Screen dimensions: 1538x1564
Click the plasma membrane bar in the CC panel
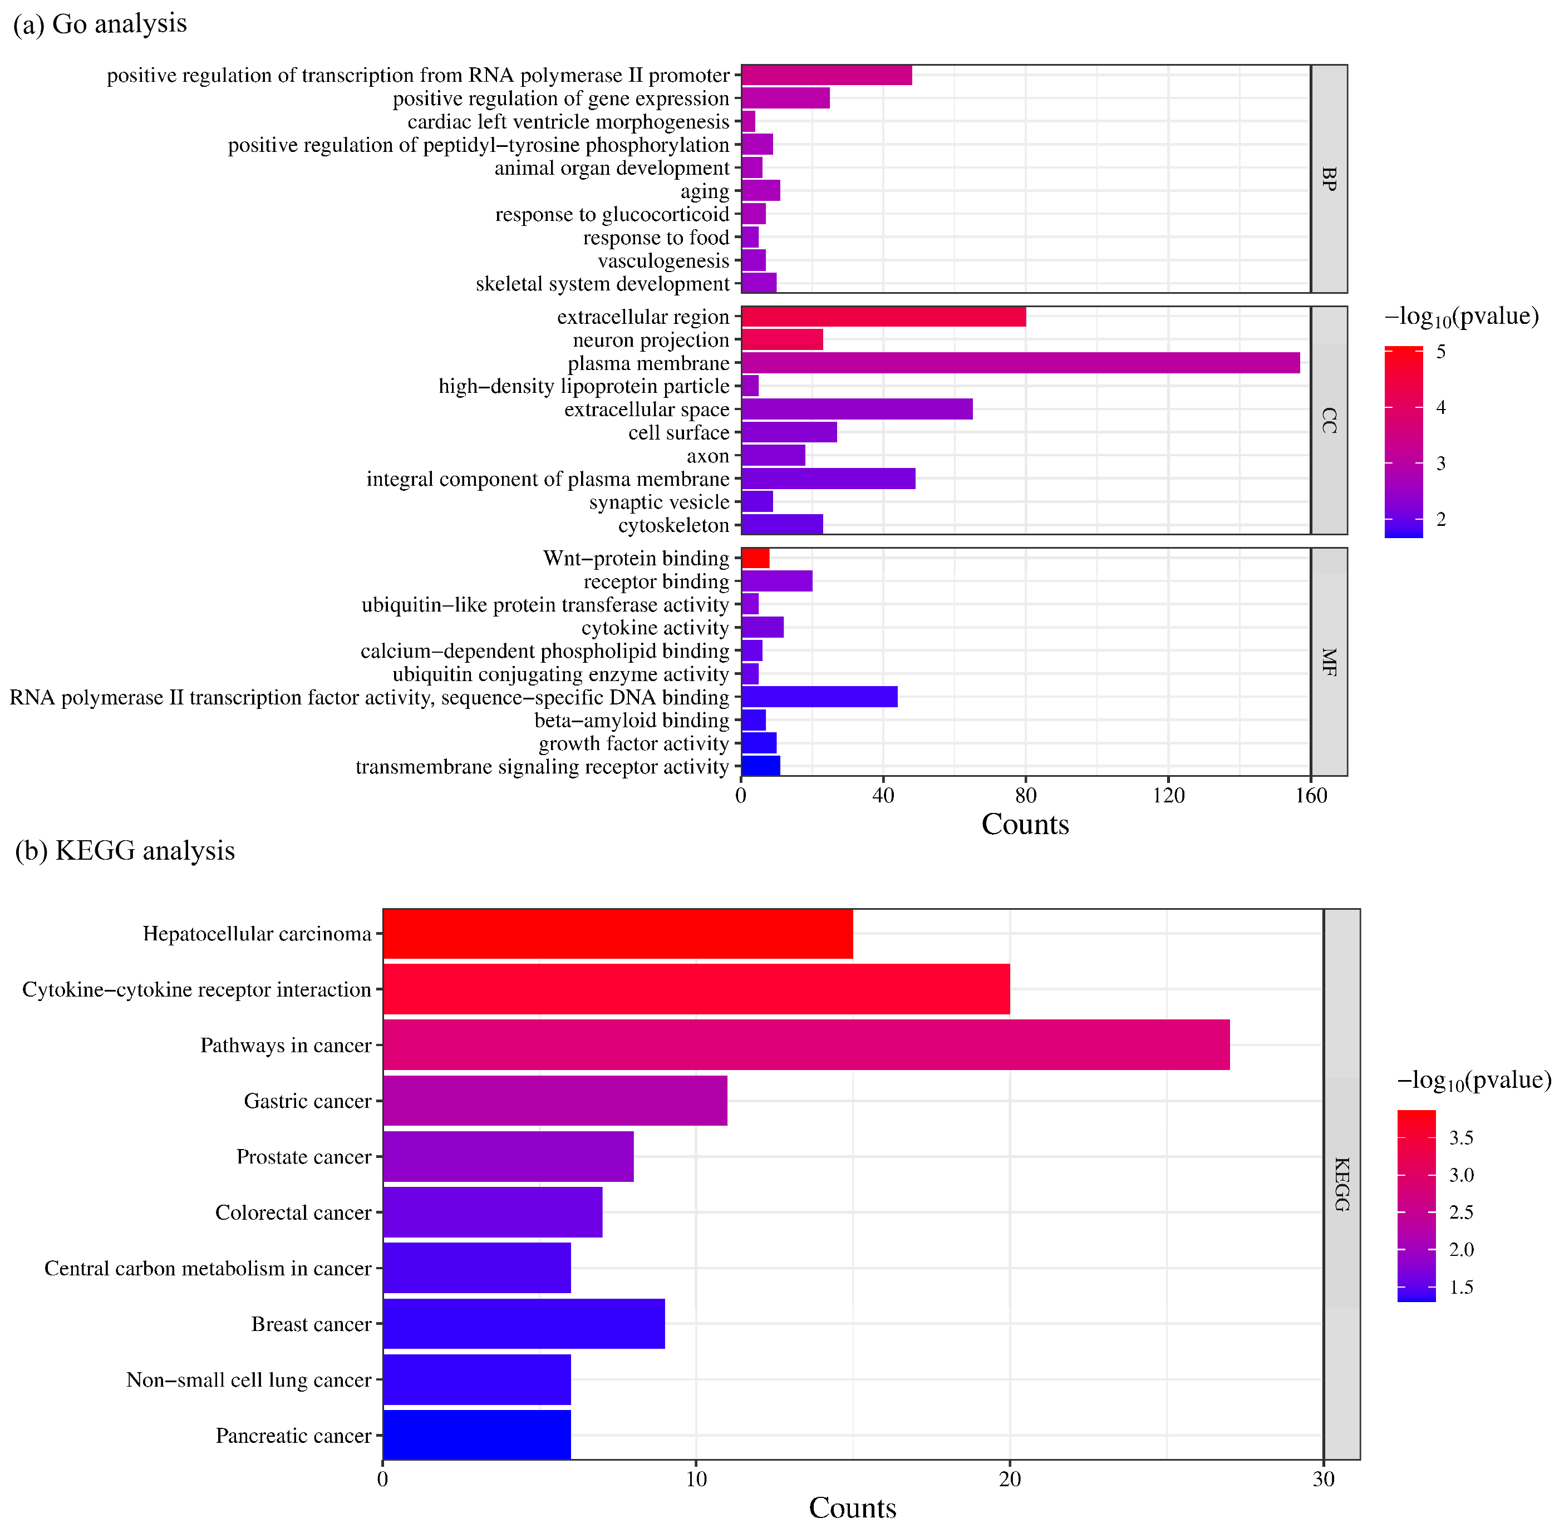(x=1020, y=363)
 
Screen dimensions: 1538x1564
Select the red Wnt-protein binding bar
(x=755, y=558)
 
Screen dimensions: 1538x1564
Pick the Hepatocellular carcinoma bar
(x=617, y=934)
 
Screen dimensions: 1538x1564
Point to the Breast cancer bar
(x=524, y=1323)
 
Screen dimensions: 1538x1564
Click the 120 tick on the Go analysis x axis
(x=1168, y=796)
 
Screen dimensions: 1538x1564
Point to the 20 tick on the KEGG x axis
(x=1009, y=1479)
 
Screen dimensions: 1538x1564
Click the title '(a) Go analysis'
(x=100, y=23)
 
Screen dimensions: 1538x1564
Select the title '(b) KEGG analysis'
(x=125, y=851)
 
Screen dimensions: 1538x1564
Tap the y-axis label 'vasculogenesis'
(x=663, y=261)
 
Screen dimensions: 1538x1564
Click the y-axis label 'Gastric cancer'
(x=307, y=1101)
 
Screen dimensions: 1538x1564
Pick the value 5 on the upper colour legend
(x=1440, y=351)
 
